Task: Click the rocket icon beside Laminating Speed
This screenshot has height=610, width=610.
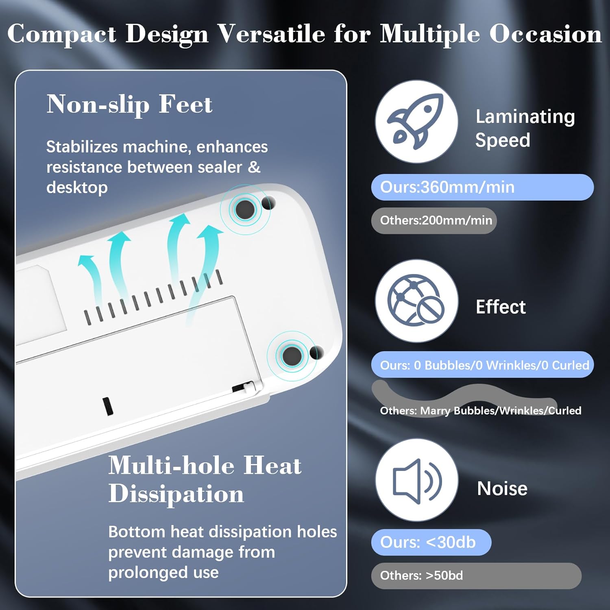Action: [x=416, y=122]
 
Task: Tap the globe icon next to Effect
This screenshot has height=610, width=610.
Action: [x=416, y=301]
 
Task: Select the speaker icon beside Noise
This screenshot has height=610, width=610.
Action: [x=416, y=480]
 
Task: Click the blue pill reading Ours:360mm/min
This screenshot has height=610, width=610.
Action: [x=482, y=187]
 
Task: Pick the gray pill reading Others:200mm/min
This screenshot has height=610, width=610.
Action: [x=434, y=220]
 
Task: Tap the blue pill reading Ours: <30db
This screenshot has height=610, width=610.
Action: [x=431, y=542]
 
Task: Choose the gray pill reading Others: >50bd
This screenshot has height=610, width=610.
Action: [x=476, y=575]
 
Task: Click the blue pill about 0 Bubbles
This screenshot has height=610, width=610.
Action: [x=482, y=365]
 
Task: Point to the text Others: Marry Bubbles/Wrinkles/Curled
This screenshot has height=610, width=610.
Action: [x=480, y=410]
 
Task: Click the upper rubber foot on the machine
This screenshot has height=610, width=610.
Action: [x=245, y=209]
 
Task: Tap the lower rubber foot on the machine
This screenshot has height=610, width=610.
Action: [x=292, y=356]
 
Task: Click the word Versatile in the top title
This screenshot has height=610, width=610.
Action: [x=271, y=34]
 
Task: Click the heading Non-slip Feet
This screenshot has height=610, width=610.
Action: [x=129, y=105]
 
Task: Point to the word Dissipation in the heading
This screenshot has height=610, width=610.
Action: [x=176, y=494]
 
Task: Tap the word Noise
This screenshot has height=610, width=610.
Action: [x=502, y=488]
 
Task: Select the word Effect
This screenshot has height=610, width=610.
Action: [x=501, y=307]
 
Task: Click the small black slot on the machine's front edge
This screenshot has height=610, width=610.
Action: [x=107, y=406]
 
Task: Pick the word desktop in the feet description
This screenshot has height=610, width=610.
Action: [x=77, y=187]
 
